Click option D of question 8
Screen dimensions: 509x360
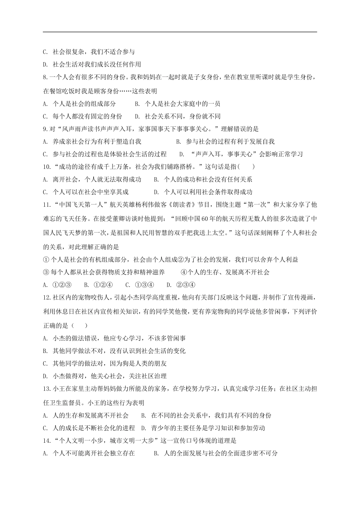click(x=137, y=116)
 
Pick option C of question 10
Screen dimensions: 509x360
click(x=45, y=192)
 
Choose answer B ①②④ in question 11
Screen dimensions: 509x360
click(x=86, y=285)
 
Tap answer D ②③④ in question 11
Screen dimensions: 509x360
click(x=169, y=285)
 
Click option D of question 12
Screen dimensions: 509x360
click(x=45, y=376)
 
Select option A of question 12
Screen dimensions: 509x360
click(x=45, y=338)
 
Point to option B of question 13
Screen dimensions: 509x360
click(x=144, y=415)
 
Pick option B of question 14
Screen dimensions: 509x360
click(x=156, y=453)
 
